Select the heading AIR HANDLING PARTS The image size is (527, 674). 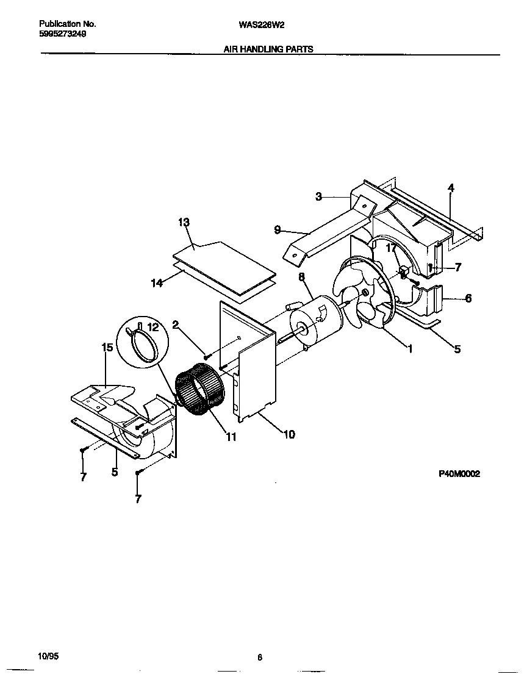click(x=269, y=49)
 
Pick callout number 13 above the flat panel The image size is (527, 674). click(x=184, y=223)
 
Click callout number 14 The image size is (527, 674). click(x=157, y=282)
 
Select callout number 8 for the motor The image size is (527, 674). click(x=301, y=278)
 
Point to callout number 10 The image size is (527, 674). click(x=289, y=434)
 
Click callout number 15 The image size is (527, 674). click(x=107, y=348)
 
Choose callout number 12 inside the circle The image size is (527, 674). click(x=153, y=328)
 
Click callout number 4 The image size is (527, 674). click(x=451, y=188)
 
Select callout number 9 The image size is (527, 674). click(x=278, y=230)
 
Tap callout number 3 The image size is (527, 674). click(x=318, y=196)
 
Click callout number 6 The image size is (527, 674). click(x=468, y=298)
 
